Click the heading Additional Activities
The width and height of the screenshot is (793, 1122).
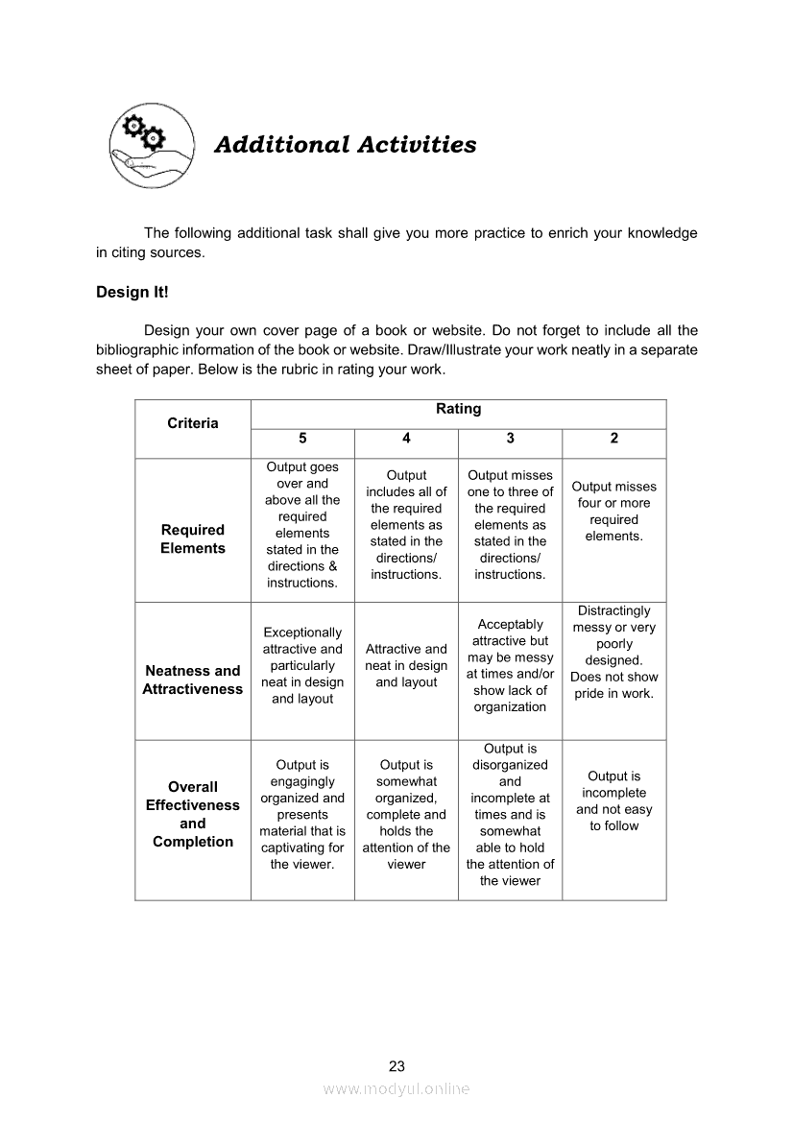click(x=345, y=145)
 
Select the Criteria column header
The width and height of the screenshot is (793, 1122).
click(x=193, y=423)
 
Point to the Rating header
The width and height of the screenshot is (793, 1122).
click(x=458, y=409)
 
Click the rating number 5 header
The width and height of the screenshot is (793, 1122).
click(x=302, y=439)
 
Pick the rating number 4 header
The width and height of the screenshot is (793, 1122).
click(x=406, y=439)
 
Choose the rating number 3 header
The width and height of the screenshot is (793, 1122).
click(x=510, y=439)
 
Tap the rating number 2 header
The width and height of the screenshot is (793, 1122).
click(x=614, y=439)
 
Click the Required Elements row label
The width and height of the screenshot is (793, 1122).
click(x=193, y=538)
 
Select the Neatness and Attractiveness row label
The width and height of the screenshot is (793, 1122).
click(x=193, y=680)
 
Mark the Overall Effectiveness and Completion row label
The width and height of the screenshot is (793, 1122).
click(x=193, y=814)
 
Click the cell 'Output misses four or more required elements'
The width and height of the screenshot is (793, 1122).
click(x=614, y=512)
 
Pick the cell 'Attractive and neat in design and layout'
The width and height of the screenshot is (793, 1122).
click(x=406, y=666)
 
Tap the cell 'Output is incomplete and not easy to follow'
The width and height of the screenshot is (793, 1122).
click(x=614, y=800)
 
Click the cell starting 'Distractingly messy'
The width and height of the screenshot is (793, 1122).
click(x=614, y=652)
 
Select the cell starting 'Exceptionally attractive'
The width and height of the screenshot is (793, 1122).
click(x=302, y=666)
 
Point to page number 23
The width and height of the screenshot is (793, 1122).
click(x=397, y=1065)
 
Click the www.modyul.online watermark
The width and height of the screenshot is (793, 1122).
click(x=396, y=1089)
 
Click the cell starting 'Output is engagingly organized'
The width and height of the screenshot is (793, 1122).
click(x=302, y=814)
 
